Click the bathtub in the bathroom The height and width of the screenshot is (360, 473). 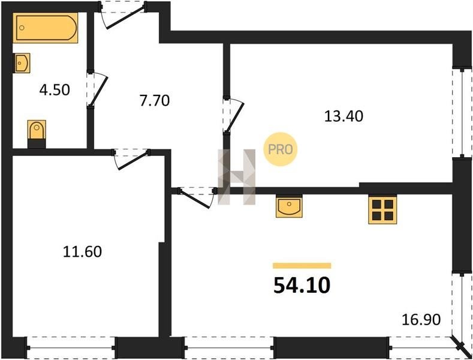(45, 28)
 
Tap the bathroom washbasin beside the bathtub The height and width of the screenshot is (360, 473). (22, 63)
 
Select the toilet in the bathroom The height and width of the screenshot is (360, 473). (37, 134)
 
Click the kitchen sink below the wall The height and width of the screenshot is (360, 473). (289, 207)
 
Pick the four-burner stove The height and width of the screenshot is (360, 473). (382, 210)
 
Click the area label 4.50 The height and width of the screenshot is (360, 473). (55, 89)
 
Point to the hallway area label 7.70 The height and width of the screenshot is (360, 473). (155, 100)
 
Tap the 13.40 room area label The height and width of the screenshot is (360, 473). (344, 116)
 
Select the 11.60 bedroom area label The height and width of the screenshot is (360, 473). (82, 251)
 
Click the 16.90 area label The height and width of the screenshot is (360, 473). (421, 320)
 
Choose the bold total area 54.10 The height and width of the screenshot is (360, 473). (302, 286)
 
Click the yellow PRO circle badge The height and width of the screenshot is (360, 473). (280, 149)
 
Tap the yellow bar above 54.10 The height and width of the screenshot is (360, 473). (302, 265)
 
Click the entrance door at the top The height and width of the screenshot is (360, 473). (123, 15)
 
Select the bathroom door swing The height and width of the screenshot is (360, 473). (97, 89)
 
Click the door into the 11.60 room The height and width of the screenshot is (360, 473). (131, 158)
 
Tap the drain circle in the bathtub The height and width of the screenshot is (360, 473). (22, 28)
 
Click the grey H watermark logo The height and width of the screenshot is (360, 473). (237, 177)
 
